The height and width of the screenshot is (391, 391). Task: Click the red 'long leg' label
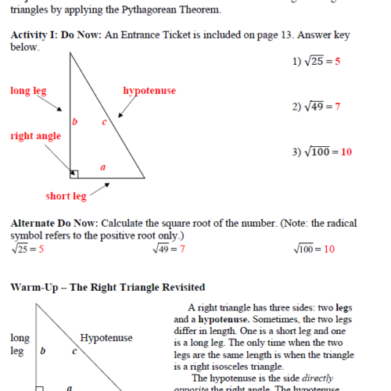coord(29,91)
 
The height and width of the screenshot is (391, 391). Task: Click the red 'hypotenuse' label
coord(149,91)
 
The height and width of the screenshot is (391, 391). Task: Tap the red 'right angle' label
coord(35,136)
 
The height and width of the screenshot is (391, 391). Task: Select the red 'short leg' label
coord(66,196)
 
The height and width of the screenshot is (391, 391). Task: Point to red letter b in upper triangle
coord(74,121)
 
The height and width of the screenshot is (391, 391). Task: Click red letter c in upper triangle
coord(104,121)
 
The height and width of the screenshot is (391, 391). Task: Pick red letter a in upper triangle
coord(103,167)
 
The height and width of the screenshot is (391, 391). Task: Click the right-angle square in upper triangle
coord(74,174)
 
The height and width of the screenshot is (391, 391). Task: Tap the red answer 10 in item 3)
coord(346,152)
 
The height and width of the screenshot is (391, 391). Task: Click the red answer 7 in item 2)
coord(337,106)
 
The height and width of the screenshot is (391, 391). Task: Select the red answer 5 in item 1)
coord(338,61)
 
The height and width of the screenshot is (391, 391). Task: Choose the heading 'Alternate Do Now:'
coord(54,223)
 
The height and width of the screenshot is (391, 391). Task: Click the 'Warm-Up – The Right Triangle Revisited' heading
coord(108,288)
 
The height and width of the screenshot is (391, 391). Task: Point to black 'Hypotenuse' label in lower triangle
coord(106,338)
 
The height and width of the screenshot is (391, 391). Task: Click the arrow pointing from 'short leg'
coord(99,189)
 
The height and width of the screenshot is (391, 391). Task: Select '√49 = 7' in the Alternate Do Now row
coord(169,249)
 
